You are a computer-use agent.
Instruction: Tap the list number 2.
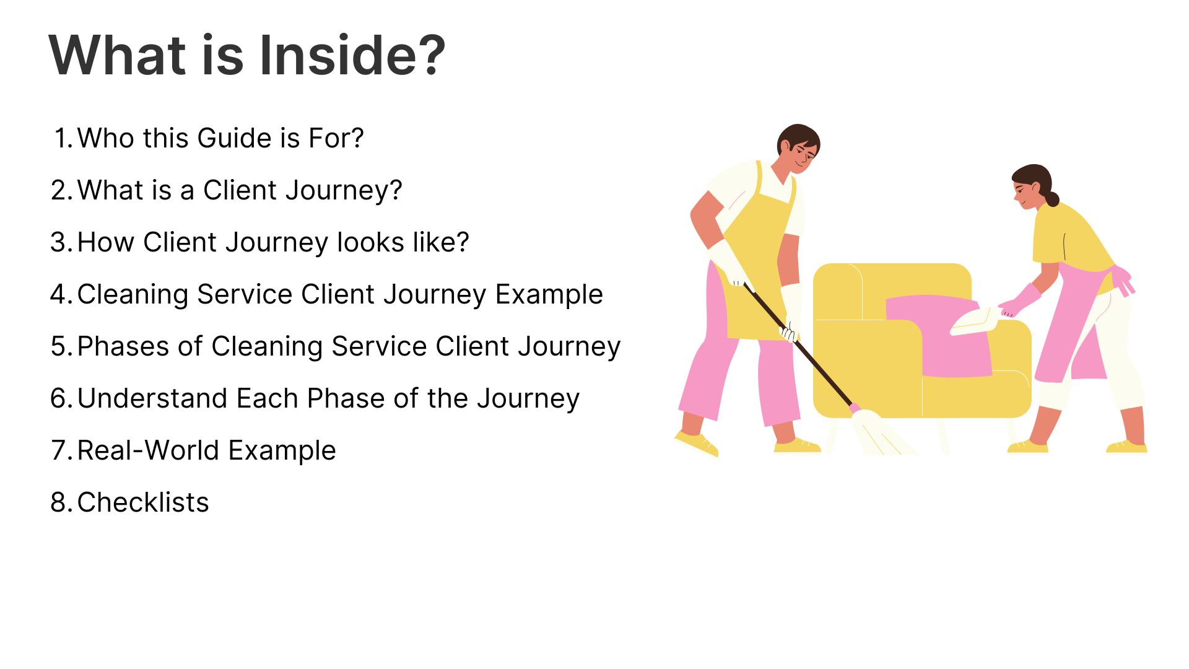point(62,190)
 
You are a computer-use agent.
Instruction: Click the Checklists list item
point(143,502)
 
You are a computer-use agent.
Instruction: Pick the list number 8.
point(62,502)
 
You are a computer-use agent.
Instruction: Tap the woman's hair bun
point(1052,199)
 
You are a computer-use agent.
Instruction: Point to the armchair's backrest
point(892,291)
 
